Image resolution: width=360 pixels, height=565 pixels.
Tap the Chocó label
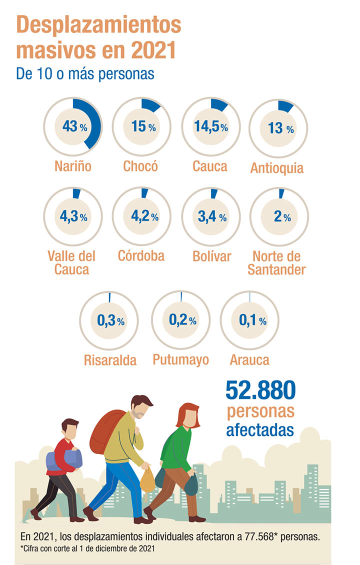(140, 165)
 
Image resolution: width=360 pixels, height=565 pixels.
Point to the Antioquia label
(277, 167)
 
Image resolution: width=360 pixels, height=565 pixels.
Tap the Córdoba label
(141, 255)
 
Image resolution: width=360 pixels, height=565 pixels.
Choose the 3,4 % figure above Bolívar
(210, 216)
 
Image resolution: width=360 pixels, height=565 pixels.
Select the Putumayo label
(180, 359)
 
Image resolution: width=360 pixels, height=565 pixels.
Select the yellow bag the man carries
(147, 480)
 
